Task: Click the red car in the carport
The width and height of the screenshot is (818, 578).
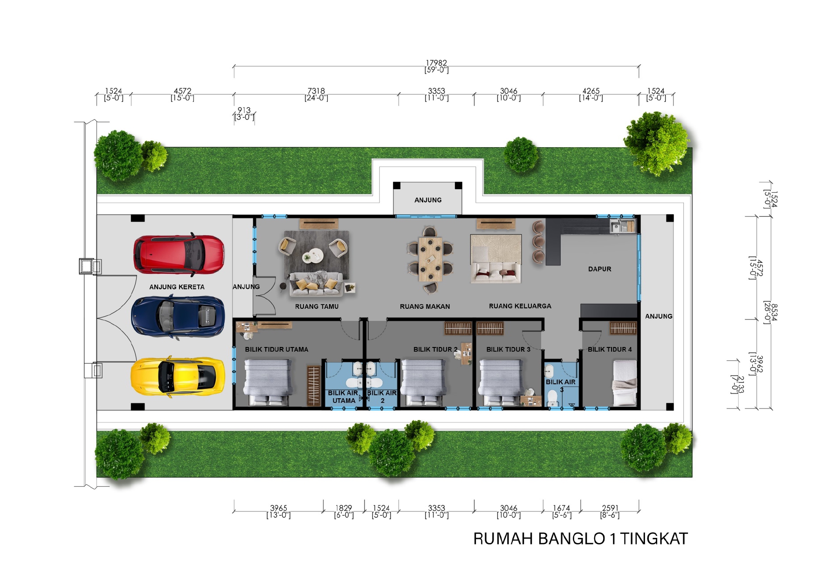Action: pyautogui.click(x=179, y=254)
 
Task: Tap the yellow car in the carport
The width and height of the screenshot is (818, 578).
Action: pyautogui.click(x=178, y=377)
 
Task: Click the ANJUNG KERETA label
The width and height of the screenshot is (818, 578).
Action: pyautogui.click(x=177, y=287)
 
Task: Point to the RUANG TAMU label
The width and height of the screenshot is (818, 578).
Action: pyautogui.click(x=316, y=306)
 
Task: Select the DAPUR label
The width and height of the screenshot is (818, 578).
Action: pyautogui.click(x=599, y=269)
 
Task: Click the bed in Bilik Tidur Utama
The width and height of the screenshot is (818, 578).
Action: pyautogui.click(x=268, y=382)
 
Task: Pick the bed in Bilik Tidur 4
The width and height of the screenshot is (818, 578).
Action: pyautogui.click(x=624, y=383)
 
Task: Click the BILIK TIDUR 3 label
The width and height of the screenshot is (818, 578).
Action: pyautogui.click(x=509, y=349)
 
